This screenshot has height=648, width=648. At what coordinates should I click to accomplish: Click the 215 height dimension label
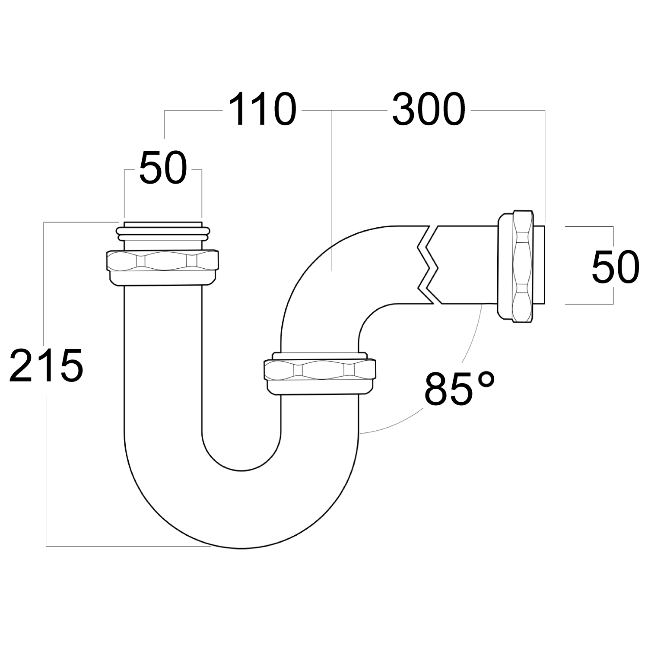point(46,365)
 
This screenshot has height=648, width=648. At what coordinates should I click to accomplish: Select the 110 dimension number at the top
point(262,110)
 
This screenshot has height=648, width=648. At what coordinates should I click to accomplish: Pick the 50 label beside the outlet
point(615,268)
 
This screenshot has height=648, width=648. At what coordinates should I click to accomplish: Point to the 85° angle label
point(459,388)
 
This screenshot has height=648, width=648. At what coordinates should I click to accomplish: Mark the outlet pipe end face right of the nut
point(540,264)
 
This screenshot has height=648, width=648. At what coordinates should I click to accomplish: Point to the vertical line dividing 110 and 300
point(331,190)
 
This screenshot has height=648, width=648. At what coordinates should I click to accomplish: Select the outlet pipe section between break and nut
point(467,264)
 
